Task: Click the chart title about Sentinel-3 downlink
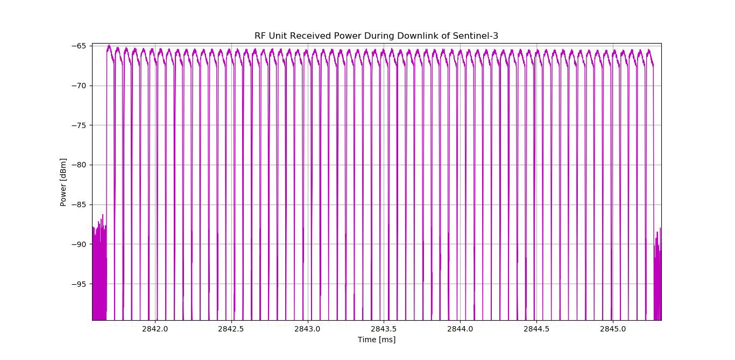click(376, 36)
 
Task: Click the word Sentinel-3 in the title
click(478, 36)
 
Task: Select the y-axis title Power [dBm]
click(63, 182)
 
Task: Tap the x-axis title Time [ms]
click(376, 340)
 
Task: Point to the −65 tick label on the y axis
click(79, 46)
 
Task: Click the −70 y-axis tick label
click(79, 86)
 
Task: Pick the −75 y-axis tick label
click(79, 125)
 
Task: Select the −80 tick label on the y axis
click(79, 165)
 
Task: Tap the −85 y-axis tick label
click(79, 204)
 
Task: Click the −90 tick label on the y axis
click(79, 244)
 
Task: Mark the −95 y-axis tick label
click(79, 284)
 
